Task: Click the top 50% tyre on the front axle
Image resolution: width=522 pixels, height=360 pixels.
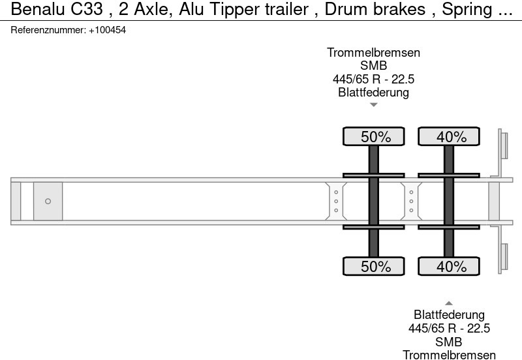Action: coord(373,136)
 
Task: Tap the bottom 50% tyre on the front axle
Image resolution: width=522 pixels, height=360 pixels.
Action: coord(373,266)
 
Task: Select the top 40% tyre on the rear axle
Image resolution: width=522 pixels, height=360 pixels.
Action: coord(449,136)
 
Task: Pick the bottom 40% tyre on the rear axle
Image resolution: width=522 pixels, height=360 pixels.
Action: coord(449,266)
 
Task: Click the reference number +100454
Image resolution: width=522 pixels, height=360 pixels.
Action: coord(107,30)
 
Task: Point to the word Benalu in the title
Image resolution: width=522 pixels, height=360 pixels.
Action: coord(38,9)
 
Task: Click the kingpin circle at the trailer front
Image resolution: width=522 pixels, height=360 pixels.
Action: coord(48,202)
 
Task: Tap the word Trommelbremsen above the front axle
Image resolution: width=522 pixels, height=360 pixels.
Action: coord(373,53)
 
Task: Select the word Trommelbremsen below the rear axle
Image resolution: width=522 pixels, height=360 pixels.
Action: coord(449,355)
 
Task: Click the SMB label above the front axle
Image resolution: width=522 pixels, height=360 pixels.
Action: coord(373,66)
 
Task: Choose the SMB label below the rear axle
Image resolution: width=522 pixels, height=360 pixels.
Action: coord(449,342)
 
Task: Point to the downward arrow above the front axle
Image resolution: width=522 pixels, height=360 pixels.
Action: coord(373,105)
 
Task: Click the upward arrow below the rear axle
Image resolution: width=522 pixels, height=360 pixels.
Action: coord(449,303)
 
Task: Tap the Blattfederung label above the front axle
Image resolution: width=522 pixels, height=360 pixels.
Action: coord(373,92)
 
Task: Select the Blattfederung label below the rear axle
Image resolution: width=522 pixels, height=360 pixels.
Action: coord(449,315)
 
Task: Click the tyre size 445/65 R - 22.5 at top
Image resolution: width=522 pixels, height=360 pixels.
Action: coord(373,79)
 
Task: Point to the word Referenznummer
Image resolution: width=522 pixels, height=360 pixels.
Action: coord(48,30)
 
